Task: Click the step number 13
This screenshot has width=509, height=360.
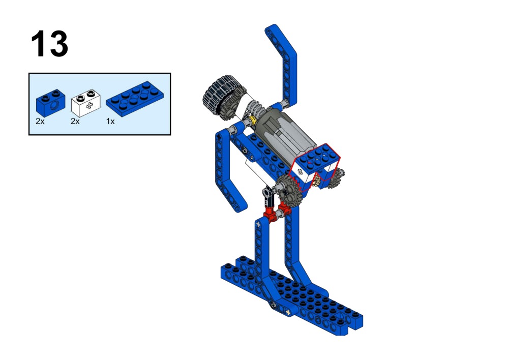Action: click(49, 44)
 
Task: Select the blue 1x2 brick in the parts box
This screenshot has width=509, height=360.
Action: click(50, 103)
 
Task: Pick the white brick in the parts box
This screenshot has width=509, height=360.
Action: click(86, 103)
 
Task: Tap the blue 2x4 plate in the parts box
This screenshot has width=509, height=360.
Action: click(135, 98)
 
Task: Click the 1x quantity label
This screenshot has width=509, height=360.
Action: click(110, 122)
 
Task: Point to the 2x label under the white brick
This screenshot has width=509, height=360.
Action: click(75, 122)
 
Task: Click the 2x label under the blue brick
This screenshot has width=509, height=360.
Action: click(40, 122)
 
